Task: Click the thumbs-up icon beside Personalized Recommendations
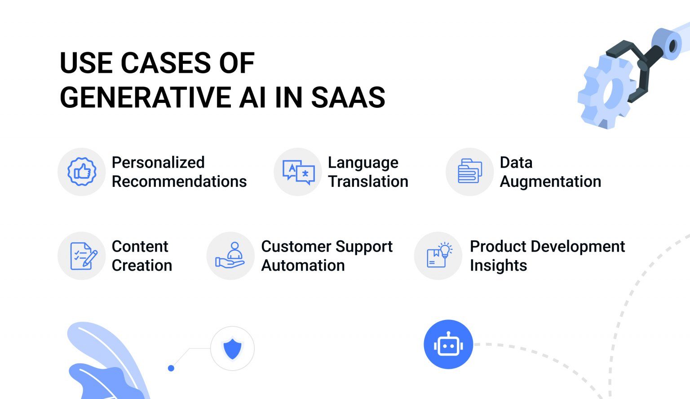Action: [x=82, y=172]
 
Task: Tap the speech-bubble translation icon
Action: [x=298, y=172]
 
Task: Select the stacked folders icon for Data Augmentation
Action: [x=470, y=171]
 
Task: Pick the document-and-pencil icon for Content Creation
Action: [x=84, y=256]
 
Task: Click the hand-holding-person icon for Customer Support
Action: [x=230, y=255]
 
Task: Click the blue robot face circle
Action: [x=448, y=345]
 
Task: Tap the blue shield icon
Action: [x=232, y=349]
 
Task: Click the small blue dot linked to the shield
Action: [x=171, y=368]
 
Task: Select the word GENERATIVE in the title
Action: [x=146, y=98]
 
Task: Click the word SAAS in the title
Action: [x=348, y=98]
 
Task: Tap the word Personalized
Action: [x=158, y=162]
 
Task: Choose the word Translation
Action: [x=368, y=181]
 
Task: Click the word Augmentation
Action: [x=550, y=182]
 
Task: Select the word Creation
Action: [x=142, y=265]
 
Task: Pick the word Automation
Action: [x=303, y=265]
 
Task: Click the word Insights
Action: [x=498, y=266]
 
